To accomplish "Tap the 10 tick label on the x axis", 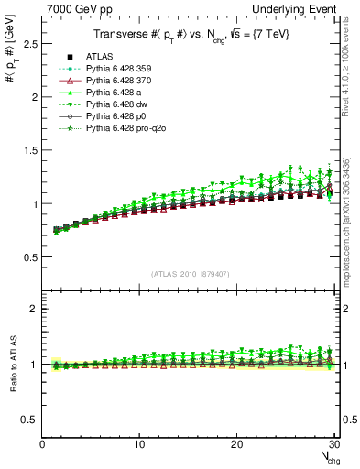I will pos(138,444).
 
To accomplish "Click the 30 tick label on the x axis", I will pos(334,444).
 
